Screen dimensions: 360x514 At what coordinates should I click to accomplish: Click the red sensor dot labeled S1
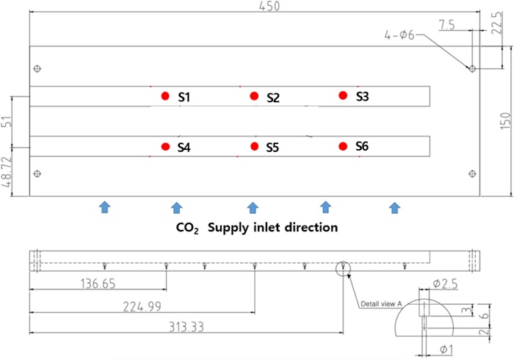coord(165,96)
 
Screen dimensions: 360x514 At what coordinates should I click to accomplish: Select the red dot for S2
coord(254,96)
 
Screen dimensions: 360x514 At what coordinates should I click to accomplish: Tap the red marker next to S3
coord(342,95)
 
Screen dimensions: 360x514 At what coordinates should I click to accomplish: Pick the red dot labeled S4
coord(165,146)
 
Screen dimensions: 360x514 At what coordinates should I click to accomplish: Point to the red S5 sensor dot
coord(254,146)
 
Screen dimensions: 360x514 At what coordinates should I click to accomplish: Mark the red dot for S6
coord(342,146)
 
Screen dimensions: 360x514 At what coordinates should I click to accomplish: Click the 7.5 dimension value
coord(446,25)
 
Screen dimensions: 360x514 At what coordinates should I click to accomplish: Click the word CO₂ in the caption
coord(188,228)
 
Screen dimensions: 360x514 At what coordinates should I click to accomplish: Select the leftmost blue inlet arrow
coord(104,207)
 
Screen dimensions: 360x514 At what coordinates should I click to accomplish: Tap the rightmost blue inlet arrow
coord(395,207)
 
